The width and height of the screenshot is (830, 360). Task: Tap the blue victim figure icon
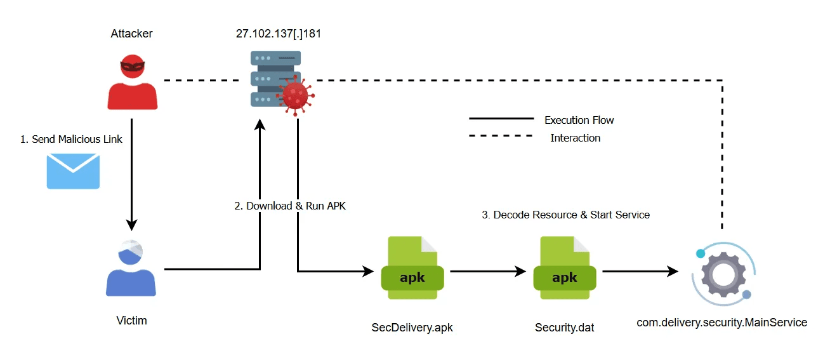131,270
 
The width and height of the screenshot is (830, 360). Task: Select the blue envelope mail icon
73,171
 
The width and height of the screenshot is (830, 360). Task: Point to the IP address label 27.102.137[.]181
278,34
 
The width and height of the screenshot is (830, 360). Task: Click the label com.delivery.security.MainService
721,323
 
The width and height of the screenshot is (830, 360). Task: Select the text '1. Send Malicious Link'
71,139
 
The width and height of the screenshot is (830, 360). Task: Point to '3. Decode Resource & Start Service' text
565,215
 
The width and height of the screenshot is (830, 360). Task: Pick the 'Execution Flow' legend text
579,120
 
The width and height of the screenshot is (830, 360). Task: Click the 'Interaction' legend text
575,138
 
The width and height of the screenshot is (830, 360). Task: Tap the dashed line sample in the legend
501,136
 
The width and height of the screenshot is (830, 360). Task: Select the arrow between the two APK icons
487,271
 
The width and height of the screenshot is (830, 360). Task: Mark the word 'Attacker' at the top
131,34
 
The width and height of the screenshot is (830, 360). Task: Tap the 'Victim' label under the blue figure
131,321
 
